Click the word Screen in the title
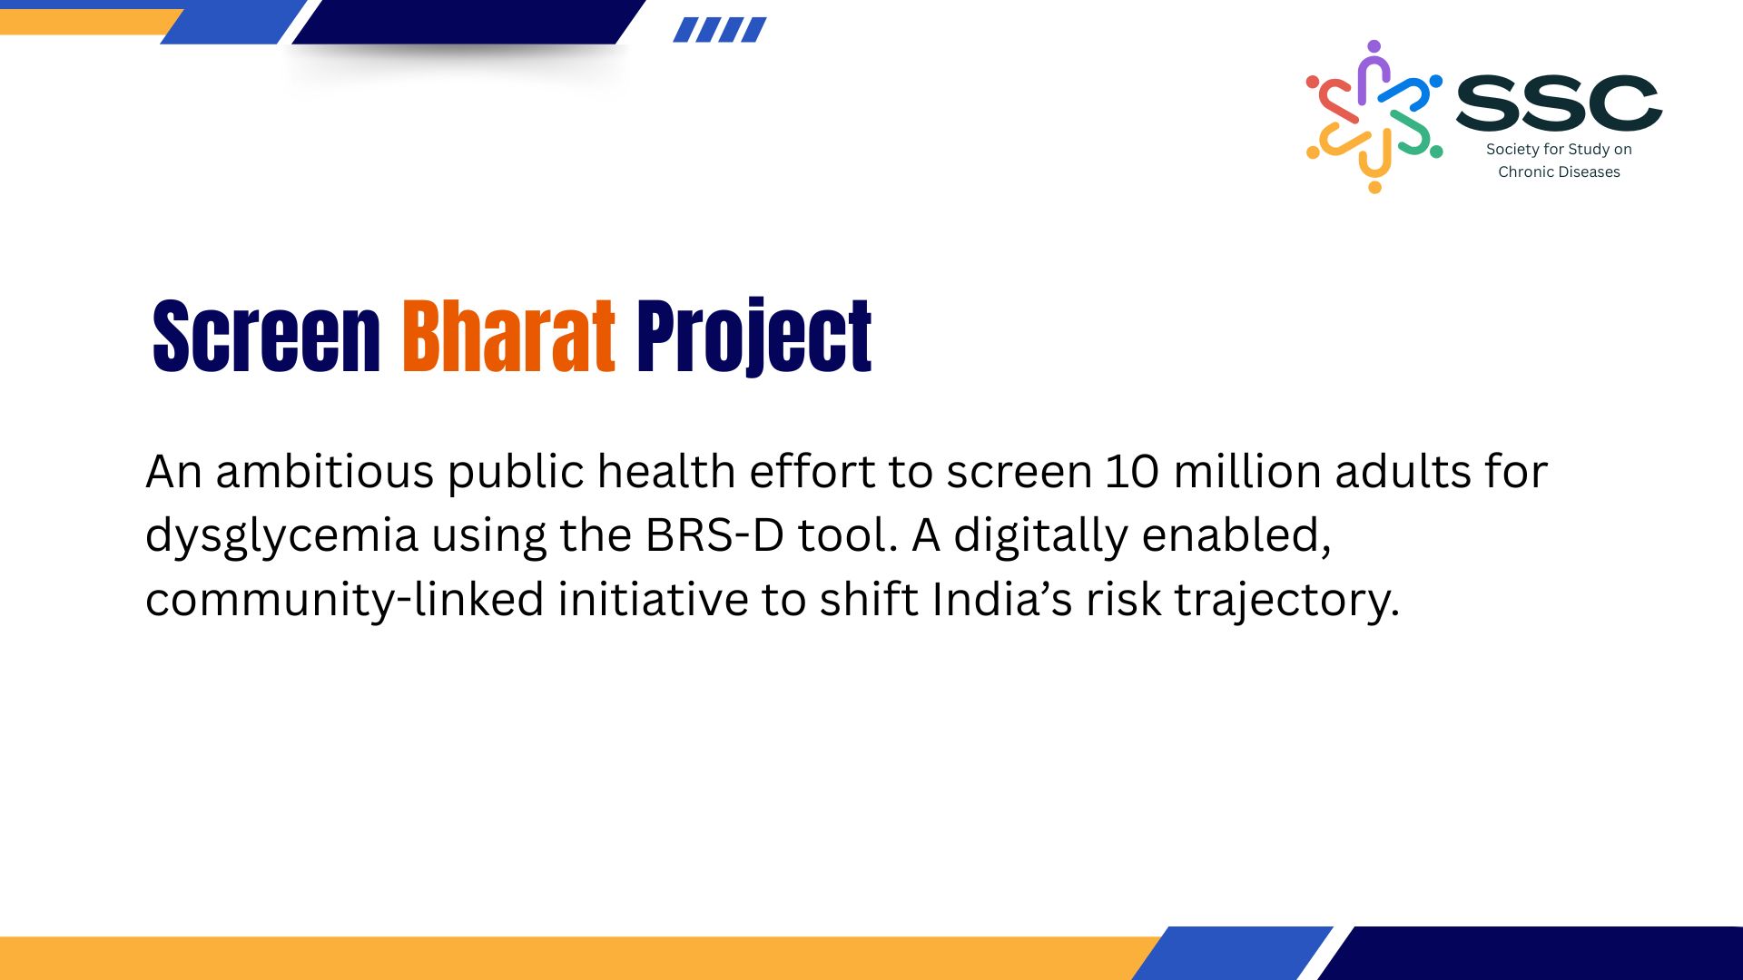click(x=266, y=336)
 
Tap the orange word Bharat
click(x=508, y=336)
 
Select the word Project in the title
click(x=753, y=338)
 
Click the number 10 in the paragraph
click(x=1131, y=472)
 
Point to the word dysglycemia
click(x=281, y=537)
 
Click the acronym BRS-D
click(x=714, y=535)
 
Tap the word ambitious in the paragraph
click(x=324, y=472)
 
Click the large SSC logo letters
click(x=1559, y=102)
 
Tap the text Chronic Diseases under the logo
click(x=1559, y=171)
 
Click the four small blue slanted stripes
click(x=720, y=30)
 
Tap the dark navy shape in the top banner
click(x=468, y=22)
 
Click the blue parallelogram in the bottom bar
click(x=1232, y=953)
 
